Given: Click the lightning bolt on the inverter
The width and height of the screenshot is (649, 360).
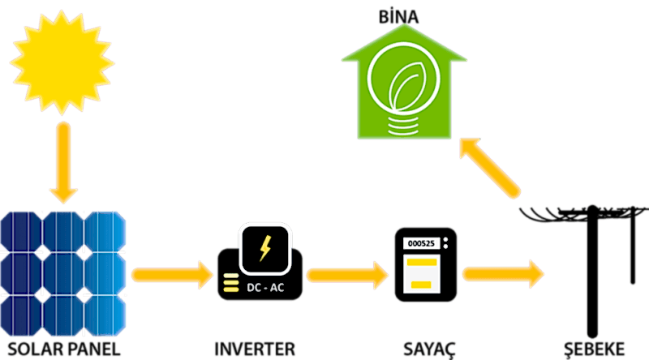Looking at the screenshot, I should (265, 248).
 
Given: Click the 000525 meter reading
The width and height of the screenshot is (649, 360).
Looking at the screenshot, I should (419, 242).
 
